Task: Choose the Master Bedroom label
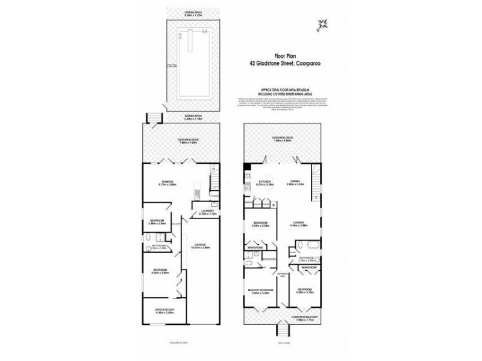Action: (262, 290)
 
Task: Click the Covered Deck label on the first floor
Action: (281, 137)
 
